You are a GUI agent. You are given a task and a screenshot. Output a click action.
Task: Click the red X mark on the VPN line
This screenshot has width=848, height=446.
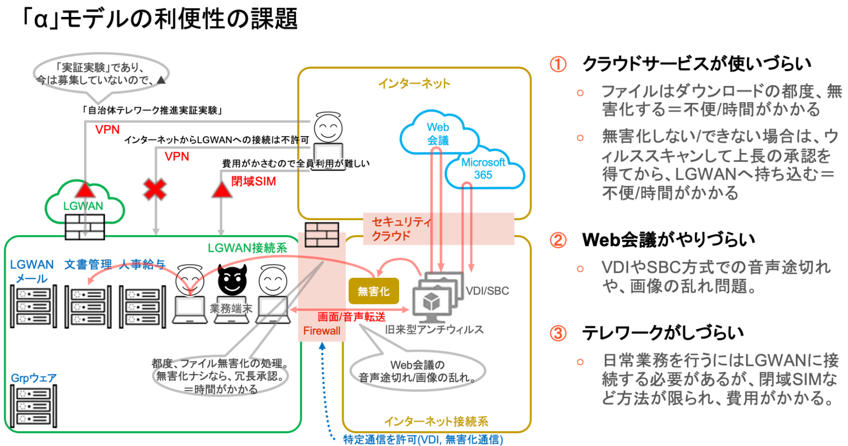[155, 189]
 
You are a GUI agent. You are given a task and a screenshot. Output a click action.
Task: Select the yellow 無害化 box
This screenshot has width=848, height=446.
[374, 291]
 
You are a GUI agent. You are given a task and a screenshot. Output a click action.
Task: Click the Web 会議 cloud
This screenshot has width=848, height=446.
[438, 133]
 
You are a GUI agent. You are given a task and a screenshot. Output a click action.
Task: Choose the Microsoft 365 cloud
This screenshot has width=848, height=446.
[483, 169]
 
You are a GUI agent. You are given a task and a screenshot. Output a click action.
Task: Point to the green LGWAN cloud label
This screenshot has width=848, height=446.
[83, 206]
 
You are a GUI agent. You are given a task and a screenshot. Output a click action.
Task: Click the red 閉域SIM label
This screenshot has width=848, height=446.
[253, 181]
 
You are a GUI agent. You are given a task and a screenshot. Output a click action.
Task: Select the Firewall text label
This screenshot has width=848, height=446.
[322, 331]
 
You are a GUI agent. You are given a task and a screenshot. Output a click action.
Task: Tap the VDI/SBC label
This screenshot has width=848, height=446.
[487, 291]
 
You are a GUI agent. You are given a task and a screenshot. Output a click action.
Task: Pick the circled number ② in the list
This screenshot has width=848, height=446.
[558, 240]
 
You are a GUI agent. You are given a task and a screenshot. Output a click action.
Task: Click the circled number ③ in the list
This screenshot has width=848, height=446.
[558, 333]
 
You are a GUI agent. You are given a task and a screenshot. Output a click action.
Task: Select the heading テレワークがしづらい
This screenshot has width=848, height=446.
[663, 333]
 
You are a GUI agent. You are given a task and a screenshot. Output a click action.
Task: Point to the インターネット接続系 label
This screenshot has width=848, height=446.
[436, 421]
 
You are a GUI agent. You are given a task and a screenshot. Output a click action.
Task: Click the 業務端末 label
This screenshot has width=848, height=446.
[231, 309]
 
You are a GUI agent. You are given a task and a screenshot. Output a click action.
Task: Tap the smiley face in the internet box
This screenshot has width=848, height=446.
[328, 128]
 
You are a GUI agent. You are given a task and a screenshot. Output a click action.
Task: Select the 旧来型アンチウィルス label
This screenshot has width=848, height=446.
[434, 329]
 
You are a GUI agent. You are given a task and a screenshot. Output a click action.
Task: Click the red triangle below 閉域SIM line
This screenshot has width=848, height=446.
[221, 190]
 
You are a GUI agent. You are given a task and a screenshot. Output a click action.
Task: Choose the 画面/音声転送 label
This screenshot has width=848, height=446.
[351, 317]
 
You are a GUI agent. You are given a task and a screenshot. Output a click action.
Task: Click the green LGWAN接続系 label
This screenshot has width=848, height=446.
[247, 248]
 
